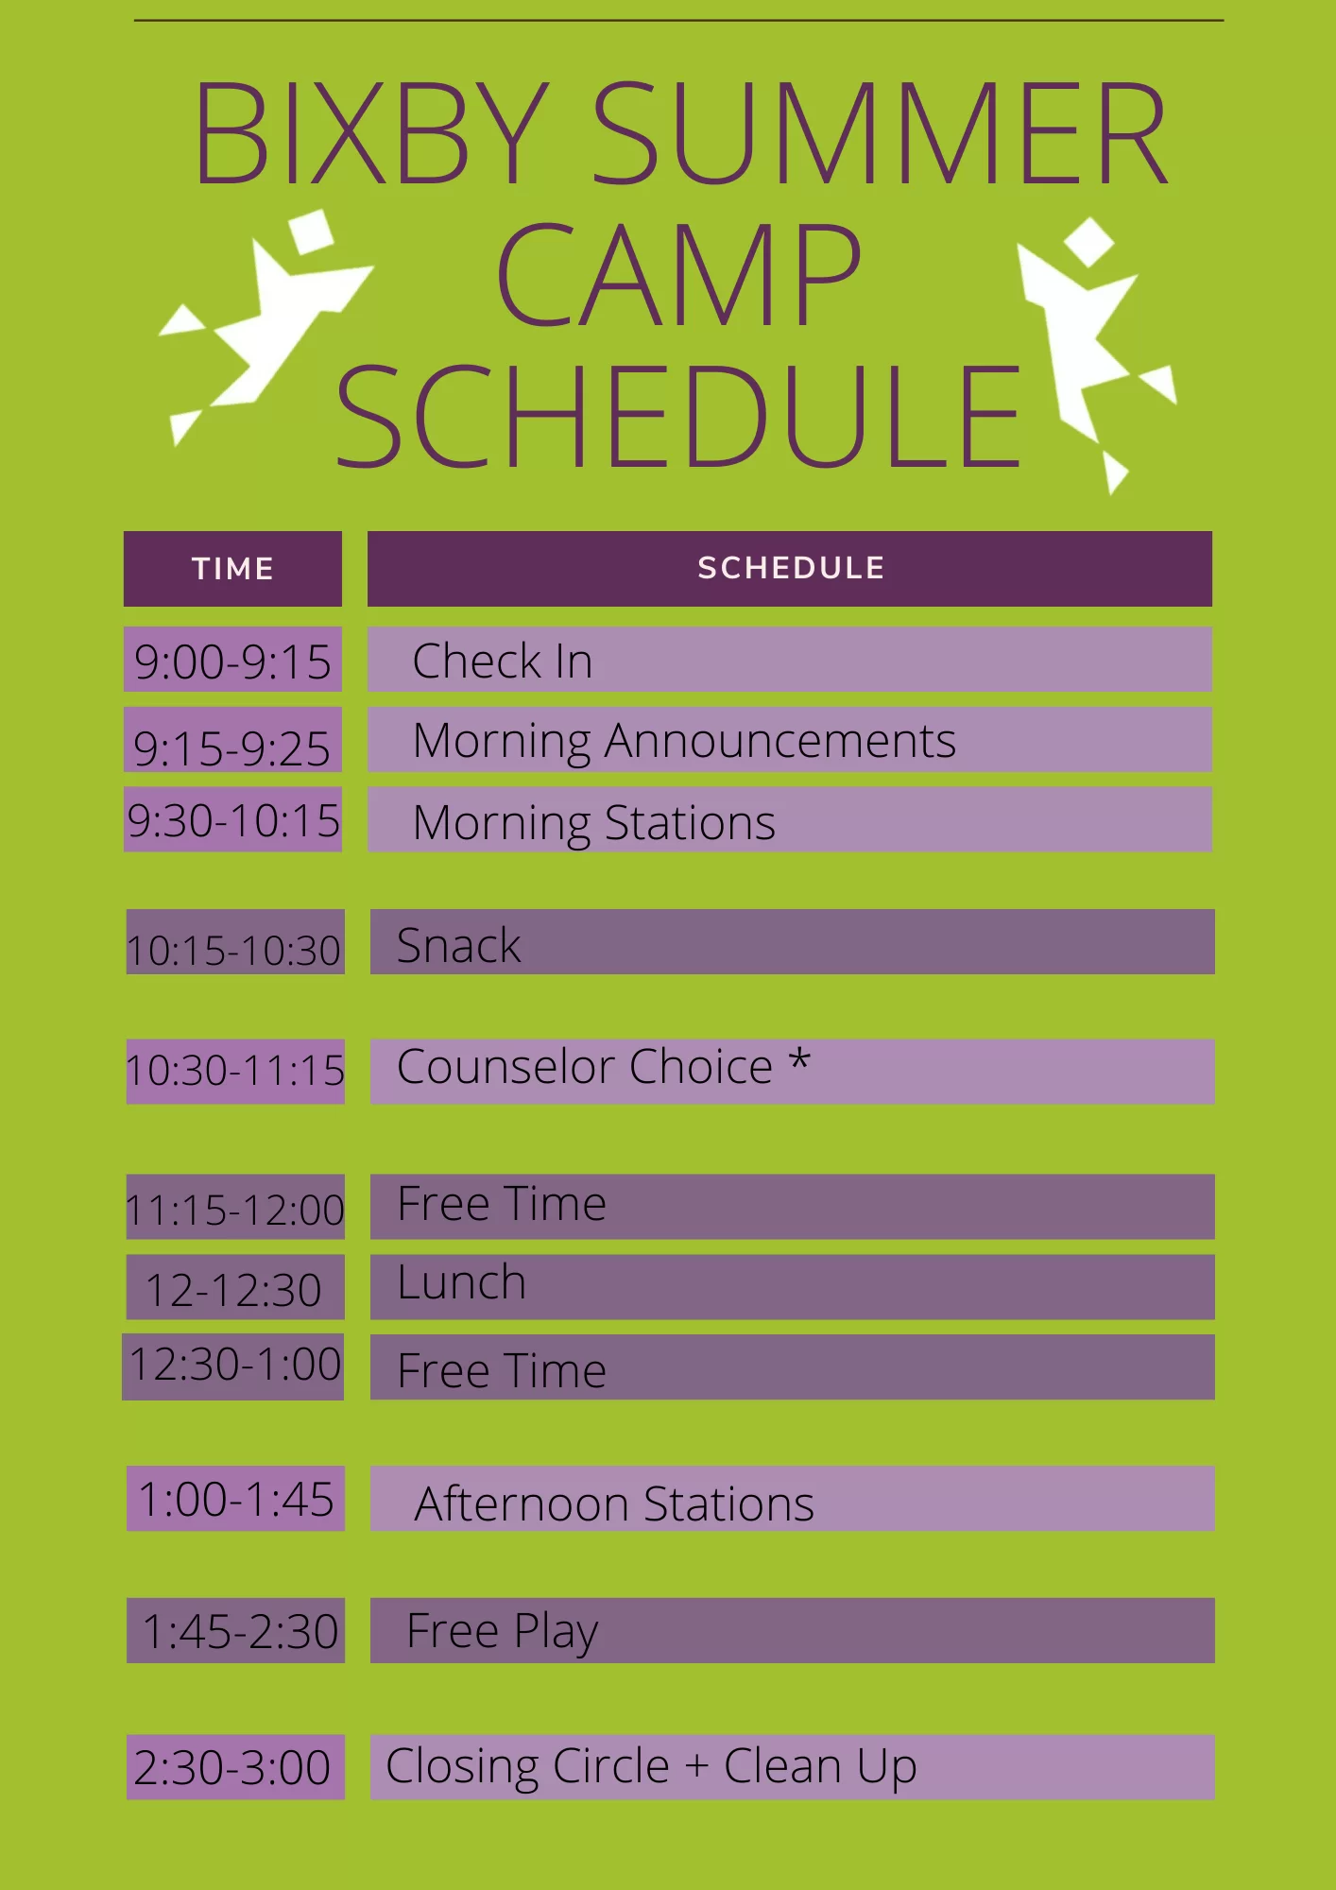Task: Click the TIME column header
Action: (232, 568)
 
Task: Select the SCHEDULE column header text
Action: (791, 568)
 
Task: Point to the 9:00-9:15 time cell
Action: (232, 660)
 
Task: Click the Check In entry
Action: (503, 661)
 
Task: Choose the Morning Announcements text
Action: (684, 742)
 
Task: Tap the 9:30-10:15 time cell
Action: (232, 819)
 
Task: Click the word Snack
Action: (458, 945)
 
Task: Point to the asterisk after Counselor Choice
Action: (799, 1058)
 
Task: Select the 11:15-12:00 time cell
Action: (235, 1207)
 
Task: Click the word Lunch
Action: (461, 1282)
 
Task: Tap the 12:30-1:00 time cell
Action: (233, 1366)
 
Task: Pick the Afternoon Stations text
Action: (614, 1503)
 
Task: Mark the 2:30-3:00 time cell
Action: (235, 1767)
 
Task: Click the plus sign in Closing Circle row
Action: (696, 1766)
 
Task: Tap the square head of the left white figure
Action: (311, 232)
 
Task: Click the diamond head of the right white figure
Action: (1089, 242)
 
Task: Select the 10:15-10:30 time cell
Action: (235, 941)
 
